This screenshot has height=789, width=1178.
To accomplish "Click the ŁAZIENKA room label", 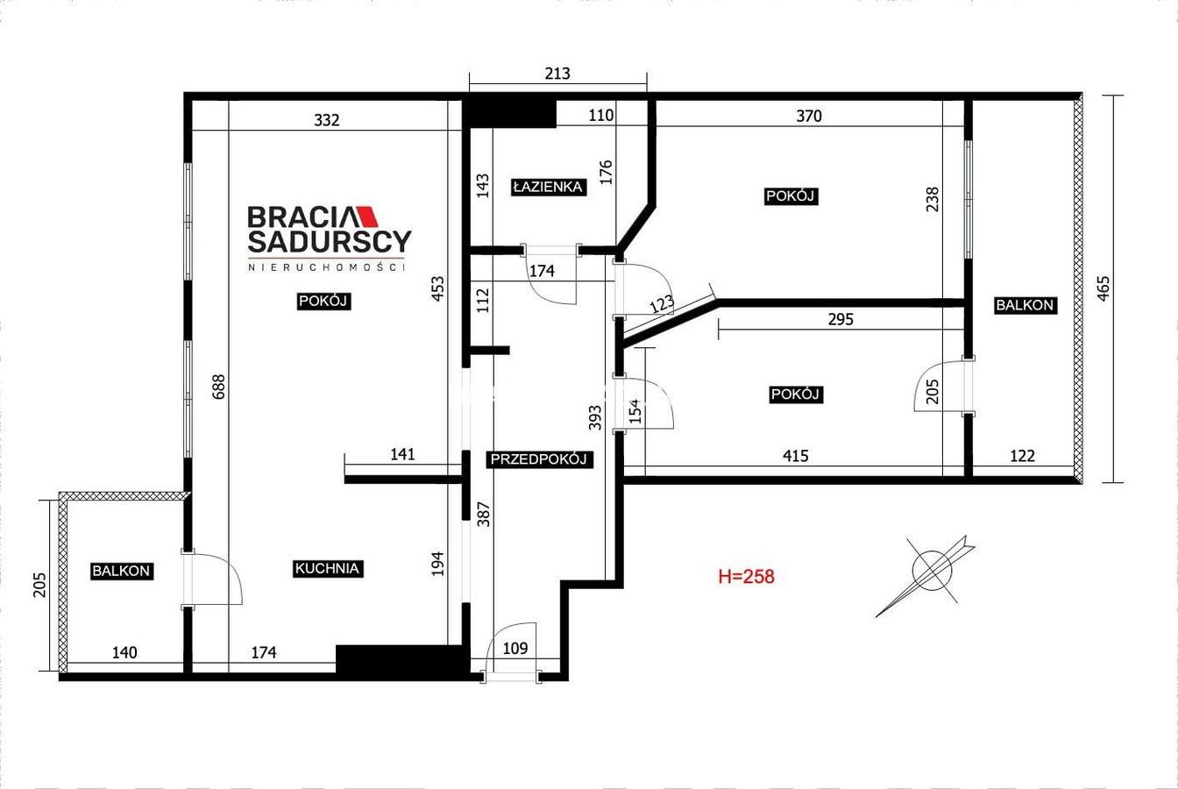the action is click(549, 187).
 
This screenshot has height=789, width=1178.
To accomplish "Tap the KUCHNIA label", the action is click(327, 569).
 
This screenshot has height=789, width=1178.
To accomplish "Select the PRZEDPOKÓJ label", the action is click(538, 459).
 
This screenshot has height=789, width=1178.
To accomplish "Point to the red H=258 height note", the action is click(746, 577).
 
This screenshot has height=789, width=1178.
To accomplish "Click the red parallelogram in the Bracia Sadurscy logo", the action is click(367, 217).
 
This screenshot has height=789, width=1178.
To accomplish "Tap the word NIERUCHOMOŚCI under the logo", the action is click(327, 267).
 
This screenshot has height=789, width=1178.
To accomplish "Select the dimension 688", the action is click(218, 387).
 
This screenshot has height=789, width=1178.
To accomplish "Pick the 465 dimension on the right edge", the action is click(1103, 288).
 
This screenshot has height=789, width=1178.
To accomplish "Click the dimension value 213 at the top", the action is click(557, 73).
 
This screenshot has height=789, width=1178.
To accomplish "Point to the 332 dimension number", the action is click(327, 120).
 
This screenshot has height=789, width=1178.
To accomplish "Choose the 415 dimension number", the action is click(796, 456).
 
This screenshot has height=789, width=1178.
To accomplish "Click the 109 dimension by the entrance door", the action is click(514, 648).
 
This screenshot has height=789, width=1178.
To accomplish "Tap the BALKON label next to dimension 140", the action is click(121, 572).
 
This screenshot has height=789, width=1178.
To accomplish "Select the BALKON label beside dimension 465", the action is click(1025, 305).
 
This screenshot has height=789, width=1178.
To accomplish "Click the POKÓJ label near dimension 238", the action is click(791, 196).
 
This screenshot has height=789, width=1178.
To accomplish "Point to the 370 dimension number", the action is click(809, 116).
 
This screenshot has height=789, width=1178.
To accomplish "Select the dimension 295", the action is click(841, 319).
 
